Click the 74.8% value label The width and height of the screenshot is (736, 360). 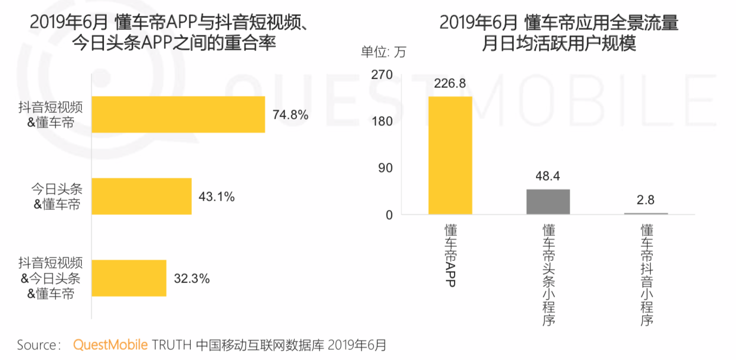[290, 115]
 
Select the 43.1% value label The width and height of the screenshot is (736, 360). [217, 197]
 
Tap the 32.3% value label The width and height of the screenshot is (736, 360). [191, 279]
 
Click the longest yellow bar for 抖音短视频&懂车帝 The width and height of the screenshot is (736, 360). [178, 114]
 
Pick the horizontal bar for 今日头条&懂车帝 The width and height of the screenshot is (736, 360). [141, 196]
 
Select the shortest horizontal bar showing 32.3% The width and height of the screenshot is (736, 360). [129, 278]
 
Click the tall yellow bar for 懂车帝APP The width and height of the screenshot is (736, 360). [450, 156]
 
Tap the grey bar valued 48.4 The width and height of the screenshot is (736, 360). [548, 202]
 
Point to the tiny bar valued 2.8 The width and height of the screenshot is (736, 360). [646, 214]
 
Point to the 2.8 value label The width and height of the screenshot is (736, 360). [646, 200]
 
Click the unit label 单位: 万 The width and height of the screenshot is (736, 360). [383, 53]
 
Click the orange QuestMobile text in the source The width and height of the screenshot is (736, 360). [111, 345]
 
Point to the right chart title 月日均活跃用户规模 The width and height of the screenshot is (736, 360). [559, 44]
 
